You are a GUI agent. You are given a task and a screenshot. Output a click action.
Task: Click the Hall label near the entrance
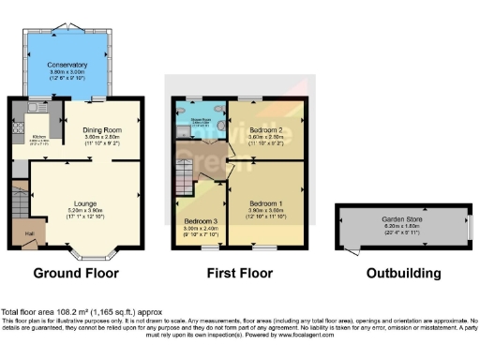point(28,233)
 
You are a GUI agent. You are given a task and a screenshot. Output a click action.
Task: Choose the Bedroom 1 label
point(267,202)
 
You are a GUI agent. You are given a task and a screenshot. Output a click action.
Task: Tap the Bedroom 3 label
point(199,221)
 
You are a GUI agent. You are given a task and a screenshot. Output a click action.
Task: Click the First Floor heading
point(240,275)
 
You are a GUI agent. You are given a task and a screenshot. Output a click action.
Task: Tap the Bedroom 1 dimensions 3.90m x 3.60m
point(267,209)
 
